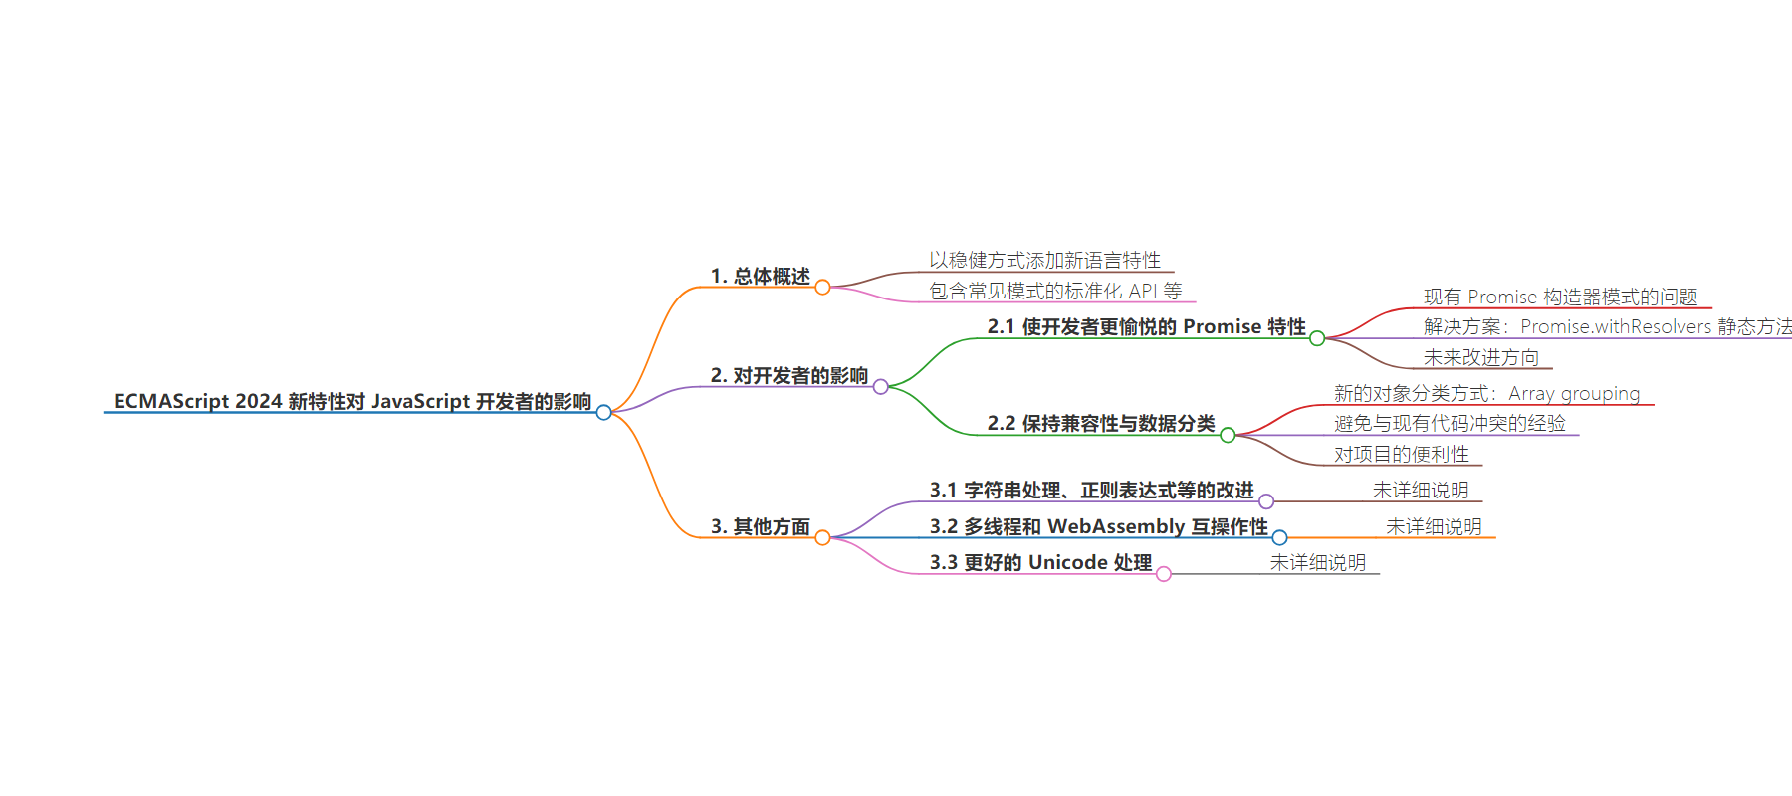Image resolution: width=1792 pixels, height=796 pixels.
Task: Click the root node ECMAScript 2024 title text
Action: (353, 401)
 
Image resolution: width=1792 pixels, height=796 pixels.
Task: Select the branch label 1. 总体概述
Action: (761, 276)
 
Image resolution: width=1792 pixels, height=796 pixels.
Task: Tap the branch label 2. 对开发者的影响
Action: (789, 375)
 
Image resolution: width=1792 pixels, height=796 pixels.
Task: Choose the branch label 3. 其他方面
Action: (761, 526)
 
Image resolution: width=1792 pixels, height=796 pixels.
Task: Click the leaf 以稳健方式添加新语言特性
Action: (1045, 260)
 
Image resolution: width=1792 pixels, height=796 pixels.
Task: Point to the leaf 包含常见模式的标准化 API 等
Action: (1055, 291)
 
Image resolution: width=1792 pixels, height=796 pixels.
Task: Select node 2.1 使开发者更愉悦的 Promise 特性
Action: (1147, 326)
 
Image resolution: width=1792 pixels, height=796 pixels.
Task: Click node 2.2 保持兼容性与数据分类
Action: (1101, 423)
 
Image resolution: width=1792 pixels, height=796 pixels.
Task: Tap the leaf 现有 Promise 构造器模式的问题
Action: (1561, 297)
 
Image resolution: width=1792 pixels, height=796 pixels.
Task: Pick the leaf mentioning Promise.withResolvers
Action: (1608, 326)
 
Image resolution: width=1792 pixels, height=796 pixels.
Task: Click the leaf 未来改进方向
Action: (1481, 357)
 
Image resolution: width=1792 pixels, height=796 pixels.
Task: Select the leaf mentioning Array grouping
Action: (1487, 393)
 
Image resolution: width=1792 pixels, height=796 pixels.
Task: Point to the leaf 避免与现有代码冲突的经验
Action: (1451, 423)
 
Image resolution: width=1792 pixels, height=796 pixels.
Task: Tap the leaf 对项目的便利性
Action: (1402, 454)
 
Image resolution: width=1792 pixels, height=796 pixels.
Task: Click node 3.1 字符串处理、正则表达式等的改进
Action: (1092, 490)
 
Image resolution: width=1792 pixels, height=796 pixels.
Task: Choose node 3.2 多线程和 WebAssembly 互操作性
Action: (1099, 526)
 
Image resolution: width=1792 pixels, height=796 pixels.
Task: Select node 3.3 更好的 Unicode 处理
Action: (1041, 562)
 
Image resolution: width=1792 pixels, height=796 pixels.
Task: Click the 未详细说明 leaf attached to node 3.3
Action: (1318, 562)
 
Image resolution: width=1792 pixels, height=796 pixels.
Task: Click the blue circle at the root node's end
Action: (604, 412)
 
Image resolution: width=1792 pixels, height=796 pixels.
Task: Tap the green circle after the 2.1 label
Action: (1317, 338)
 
